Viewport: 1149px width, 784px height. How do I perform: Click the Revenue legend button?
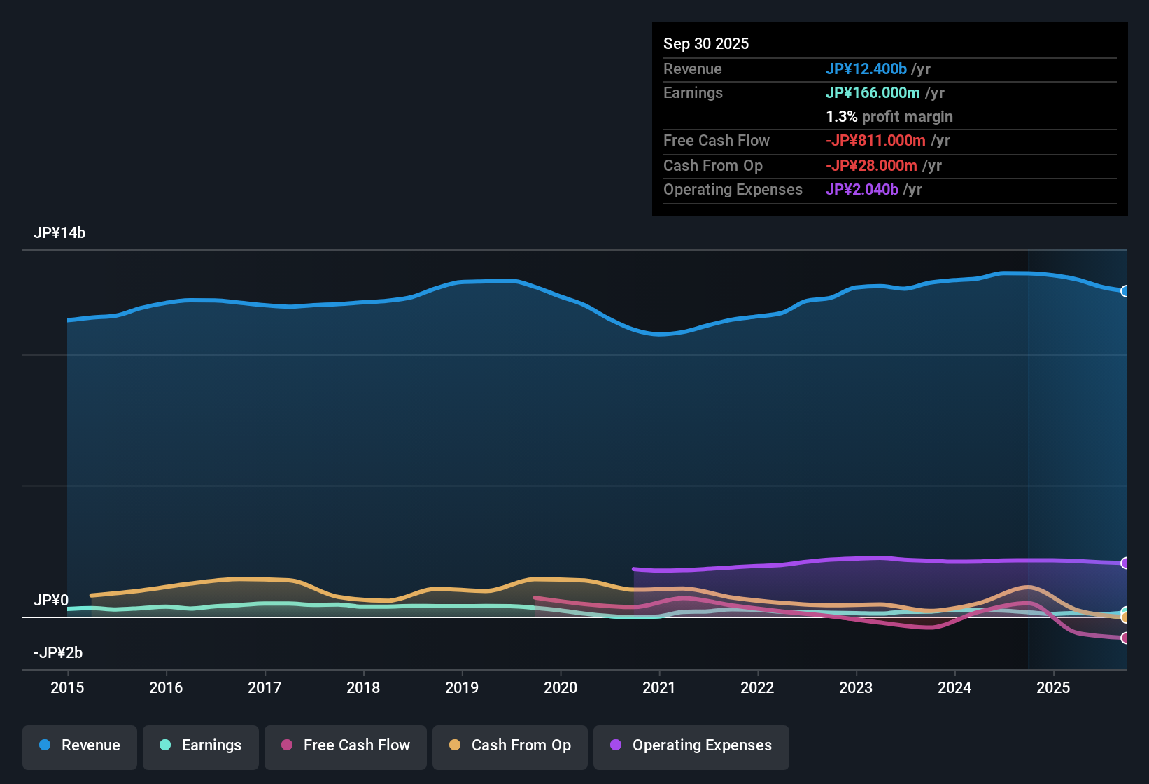click(80, 745)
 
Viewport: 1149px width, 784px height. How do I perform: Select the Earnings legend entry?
click(201, 745)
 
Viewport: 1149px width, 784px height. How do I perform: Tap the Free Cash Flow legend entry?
click(346, 745)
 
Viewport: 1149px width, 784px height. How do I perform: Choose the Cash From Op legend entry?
click(510, 745)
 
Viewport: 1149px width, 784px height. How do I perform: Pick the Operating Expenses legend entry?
click(691, 745)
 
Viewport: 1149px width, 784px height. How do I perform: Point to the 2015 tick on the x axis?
click(67, 687)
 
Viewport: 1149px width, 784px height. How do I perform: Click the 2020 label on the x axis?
click(561, 687)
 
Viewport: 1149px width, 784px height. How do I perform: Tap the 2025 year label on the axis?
click(1053, 687)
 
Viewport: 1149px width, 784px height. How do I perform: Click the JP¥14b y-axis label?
click(59, 233)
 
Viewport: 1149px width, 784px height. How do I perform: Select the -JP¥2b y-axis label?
click(58, 653)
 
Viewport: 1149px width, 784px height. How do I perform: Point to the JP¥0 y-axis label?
click(51, 601)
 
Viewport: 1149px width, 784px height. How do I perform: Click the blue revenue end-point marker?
click(1125, 291)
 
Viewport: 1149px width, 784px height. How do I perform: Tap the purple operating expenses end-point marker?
click(1125, 563)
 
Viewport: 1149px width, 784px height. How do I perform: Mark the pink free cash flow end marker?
click(1125, 638)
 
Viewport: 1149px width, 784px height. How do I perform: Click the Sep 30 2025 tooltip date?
click(706, 43)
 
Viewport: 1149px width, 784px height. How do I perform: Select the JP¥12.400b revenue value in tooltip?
click(866, 69)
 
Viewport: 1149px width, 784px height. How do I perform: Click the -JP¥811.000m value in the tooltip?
click(875, 140)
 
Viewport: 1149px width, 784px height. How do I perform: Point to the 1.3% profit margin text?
click(889, 116)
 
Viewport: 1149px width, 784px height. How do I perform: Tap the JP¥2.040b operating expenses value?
click(862, 189)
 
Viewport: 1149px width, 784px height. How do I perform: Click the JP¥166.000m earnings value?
click(873, 92)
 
